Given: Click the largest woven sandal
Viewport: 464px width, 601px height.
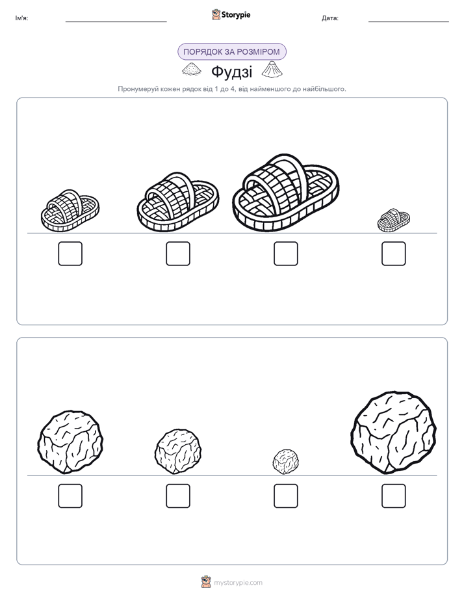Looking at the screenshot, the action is (x=285, y=193).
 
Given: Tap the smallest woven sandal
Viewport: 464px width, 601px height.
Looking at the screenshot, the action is (x=394, y=220).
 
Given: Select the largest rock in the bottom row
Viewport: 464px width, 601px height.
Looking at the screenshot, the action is (x=394, y=433).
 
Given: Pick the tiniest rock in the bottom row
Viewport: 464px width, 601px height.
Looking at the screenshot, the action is (x=285, y=462).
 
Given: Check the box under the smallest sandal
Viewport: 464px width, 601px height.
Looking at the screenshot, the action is (x=394, y=254).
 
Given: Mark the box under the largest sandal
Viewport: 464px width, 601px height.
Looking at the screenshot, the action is (x=285, y=254).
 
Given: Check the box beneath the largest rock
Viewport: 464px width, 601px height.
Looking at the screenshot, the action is (x=394, y=496).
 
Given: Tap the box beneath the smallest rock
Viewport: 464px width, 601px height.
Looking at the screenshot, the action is (x=285, y=496).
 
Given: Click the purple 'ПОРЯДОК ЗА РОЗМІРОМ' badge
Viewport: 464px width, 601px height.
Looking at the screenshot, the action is (x=231, y=52).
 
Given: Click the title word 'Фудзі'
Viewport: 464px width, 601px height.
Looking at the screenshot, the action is (x=231, y=72).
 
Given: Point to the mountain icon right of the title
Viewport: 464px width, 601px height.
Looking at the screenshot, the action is (x=272, y=69).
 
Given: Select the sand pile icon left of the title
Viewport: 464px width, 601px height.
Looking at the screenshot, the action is (x=192, y=70).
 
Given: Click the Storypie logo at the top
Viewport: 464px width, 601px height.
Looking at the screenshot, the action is (x=231, y=15).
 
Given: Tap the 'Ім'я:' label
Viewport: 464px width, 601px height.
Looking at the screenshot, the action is (x=21, y=18).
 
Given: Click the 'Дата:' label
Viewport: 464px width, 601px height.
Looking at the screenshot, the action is (x=330, y=18).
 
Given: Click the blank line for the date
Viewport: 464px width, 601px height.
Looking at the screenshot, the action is (x=409, y=22).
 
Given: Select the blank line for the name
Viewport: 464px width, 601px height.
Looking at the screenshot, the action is (x=116, y=22).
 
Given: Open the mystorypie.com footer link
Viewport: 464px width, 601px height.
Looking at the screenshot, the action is (x=238, y=583).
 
